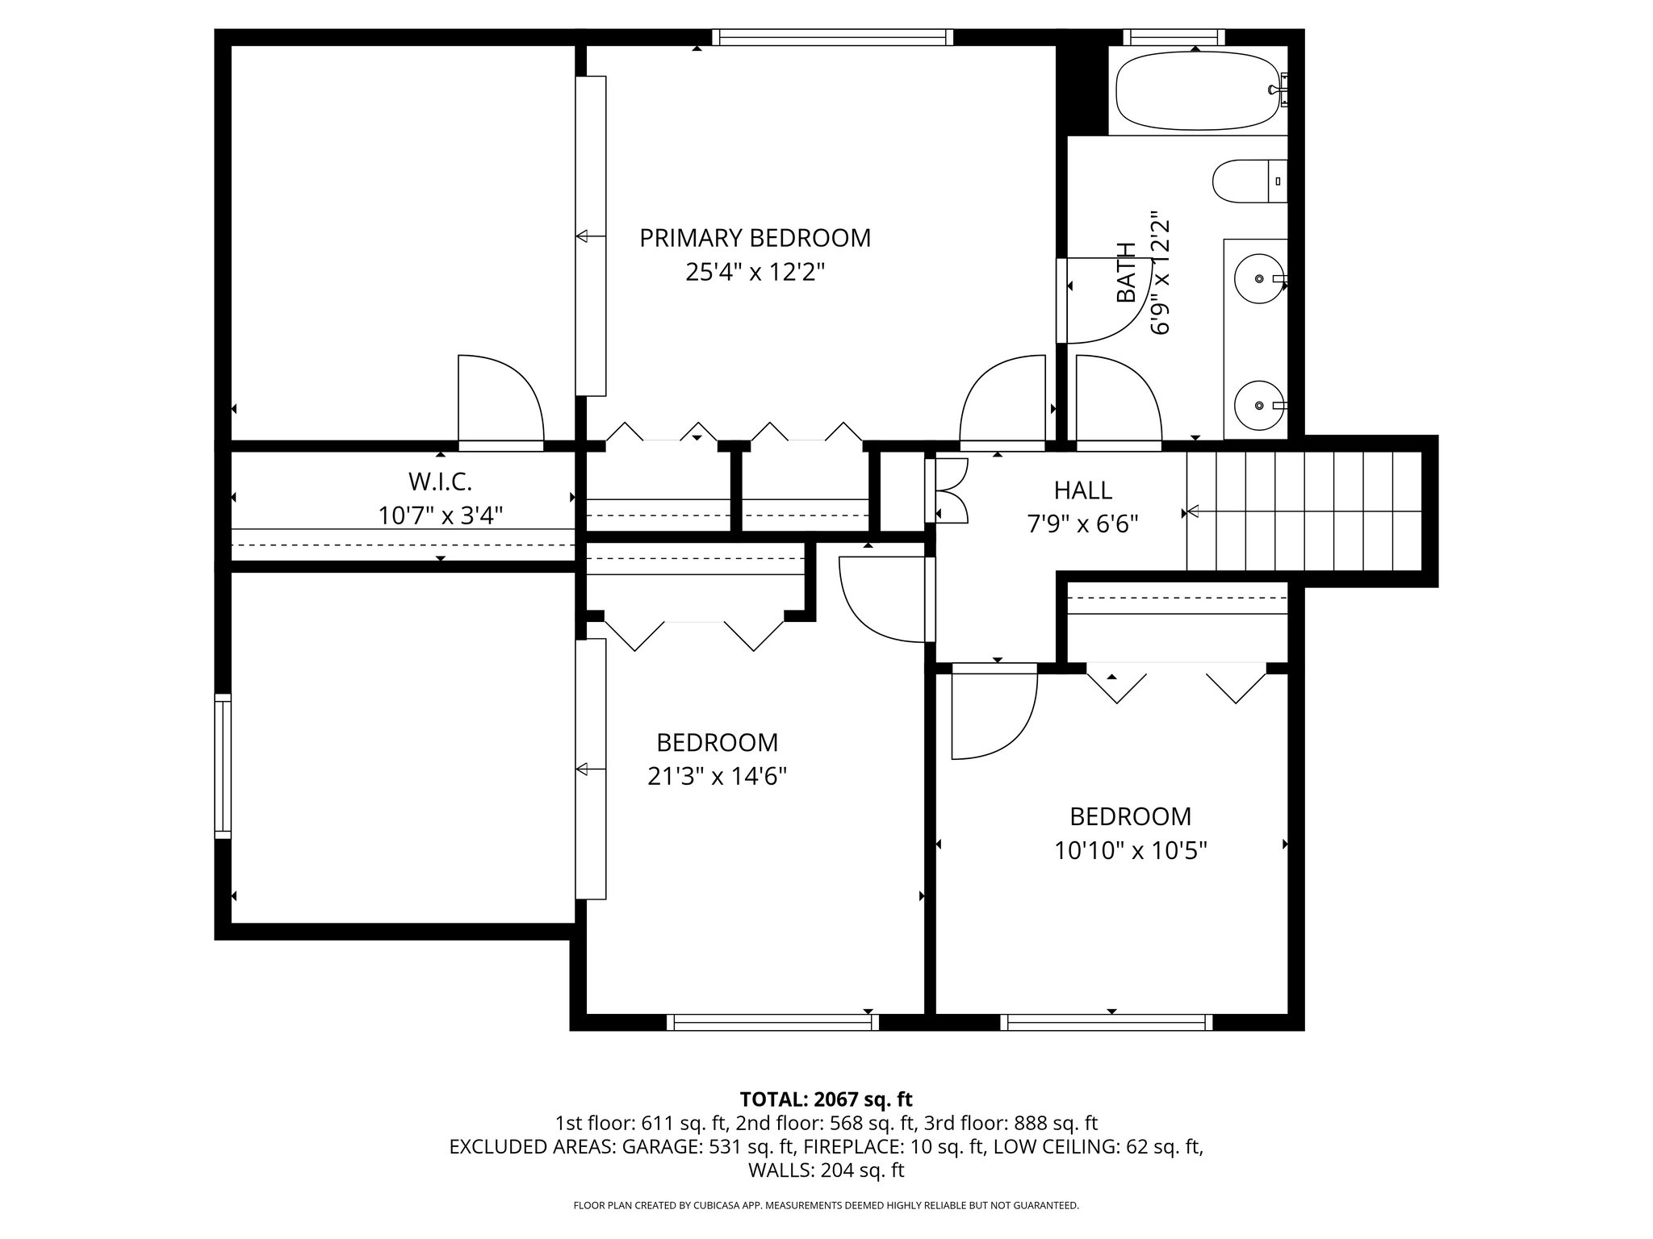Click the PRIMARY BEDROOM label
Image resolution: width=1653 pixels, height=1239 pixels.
click(755, 238)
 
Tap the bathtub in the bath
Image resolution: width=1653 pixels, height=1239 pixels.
click(1195, 90)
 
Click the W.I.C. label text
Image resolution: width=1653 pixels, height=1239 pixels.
click(440, 482)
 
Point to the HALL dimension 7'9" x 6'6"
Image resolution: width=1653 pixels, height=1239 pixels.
click(1082, 524)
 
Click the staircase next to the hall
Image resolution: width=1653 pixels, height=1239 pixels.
click(1304, 511)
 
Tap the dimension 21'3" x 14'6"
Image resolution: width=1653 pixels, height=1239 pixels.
click(717, 776)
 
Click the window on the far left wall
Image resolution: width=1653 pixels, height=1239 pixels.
click(222, 766)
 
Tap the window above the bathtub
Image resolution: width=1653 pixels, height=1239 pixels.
click(1174, 37)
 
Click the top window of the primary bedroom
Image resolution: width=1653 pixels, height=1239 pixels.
click(832, 37)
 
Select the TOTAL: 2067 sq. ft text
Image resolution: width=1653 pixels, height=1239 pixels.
click(826, 1099)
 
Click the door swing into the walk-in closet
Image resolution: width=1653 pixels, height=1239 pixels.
click(500, 399)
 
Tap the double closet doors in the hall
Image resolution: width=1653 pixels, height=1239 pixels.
click(950, 490)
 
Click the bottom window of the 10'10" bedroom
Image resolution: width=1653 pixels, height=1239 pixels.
click(1107, 1022)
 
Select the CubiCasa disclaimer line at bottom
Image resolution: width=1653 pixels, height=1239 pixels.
click(826, 1206)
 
